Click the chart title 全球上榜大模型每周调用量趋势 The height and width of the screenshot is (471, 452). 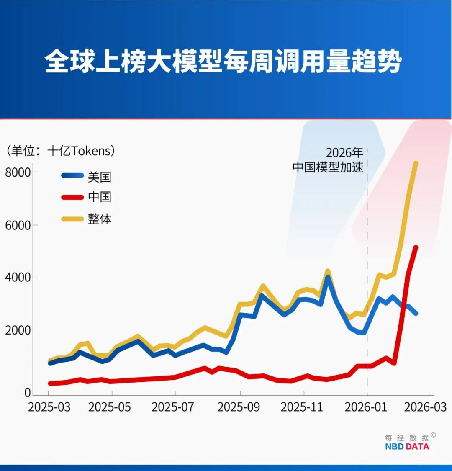223,62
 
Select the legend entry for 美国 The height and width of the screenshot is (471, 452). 99,177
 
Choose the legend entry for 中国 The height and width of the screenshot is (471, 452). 99,197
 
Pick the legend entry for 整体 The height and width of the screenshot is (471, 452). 99,219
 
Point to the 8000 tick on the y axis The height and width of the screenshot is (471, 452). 18,172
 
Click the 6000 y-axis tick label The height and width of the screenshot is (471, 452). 18,225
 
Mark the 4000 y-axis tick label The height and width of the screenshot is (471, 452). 18,278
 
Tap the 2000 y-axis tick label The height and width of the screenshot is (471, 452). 18,331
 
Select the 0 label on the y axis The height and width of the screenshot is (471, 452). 28,393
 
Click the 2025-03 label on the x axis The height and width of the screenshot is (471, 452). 49,407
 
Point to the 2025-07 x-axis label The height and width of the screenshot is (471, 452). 175,407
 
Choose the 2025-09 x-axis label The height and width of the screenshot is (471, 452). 239,407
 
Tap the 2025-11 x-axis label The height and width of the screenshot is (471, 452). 303,407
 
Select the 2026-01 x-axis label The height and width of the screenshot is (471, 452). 366,407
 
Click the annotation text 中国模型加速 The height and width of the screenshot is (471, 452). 328,167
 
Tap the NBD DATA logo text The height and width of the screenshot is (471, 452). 407,446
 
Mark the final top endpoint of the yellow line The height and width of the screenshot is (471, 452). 416,163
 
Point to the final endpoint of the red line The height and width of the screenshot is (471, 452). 416,247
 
